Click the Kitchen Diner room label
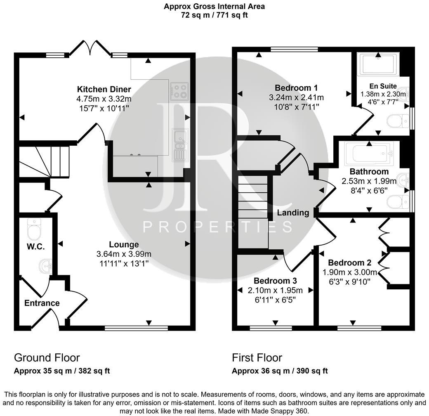pos(104,89)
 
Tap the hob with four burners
pos(179,91)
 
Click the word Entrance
pos(42,303)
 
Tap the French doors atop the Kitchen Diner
pos(90,48)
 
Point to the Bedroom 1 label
pos(296,87)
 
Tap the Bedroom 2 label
pos(350,262)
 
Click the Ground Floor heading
pos(47,357)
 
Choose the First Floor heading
pos(257,357)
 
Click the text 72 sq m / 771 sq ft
pos(214,15)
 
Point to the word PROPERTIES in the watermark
pos(217,227)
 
